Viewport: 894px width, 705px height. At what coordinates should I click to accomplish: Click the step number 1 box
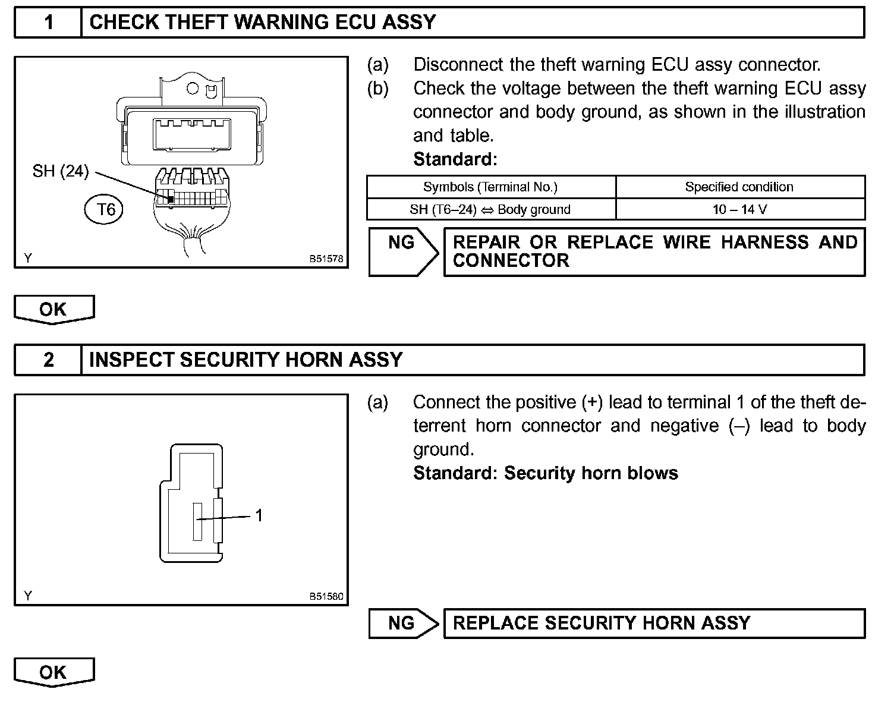coord(48,23)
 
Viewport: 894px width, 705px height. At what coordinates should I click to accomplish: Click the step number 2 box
coord(48,360)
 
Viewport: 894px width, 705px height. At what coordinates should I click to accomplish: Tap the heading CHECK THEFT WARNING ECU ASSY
coord(262,23)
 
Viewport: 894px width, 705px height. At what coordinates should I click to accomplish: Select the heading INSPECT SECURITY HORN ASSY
coord(245,360)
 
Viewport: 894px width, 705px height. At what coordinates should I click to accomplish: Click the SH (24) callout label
coord(60,171)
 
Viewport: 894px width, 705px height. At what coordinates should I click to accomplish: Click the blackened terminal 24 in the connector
coord(170,199)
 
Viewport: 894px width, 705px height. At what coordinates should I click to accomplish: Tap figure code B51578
coord(326,259)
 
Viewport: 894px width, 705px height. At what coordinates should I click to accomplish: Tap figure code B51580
coord(326,596)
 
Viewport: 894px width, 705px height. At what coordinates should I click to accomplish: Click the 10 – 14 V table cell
coord(739,209)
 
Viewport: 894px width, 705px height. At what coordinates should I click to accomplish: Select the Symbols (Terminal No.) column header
coord(490,187)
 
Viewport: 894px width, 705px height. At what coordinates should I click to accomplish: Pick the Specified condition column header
coord(739,187)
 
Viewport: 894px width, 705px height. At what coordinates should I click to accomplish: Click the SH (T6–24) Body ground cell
coord(490,209)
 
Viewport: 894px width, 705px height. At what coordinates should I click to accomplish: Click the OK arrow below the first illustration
coord(53,309)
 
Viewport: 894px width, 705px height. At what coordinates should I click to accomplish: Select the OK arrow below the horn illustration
coord(53,672)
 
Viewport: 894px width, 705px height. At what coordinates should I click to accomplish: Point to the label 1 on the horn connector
coord(259,515)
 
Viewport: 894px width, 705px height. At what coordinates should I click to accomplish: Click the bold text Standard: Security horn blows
coord(545,473)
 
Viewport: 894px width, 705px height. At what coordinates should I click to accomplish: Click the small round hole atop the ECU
coord(193,89)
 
